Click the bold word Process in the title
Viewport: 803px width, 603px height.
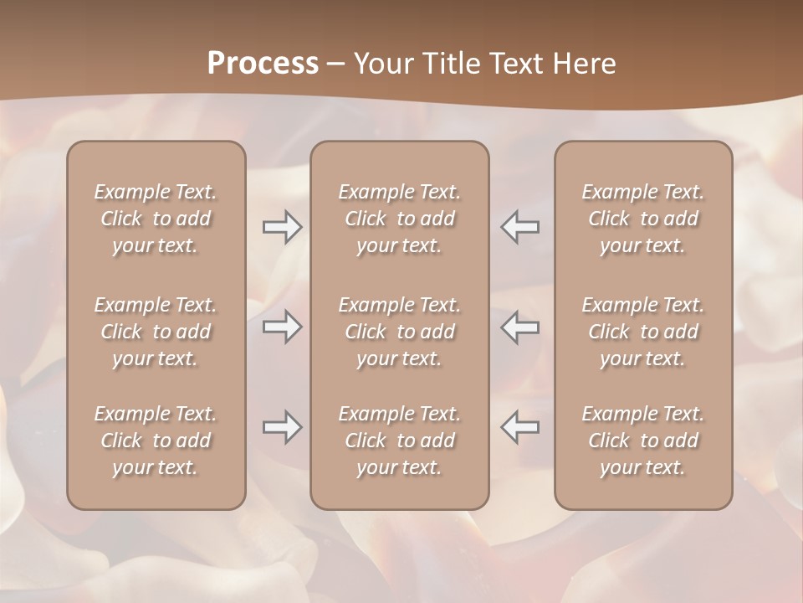click(x=263, y=64)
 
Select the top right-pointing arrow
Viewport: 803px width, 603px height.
click(x=283, y=227)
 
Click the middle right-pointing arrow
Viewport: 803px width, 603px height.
click(x=283, y=327)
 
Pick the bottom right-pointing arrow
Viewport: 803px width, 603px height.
click(x=283, y=427)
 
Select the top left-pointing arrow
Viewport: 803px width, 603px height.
click(x=519, y=227)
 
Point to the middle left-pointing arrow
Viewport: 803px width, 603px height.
click(x=519, y=327)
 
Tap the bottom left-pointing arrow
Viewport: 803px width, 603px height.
click(x=519, y=427)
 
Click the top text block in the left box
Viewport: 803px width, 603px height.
click(x=156, y=219)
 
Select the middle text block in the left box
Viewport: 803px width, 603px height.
click(x=156, y=332)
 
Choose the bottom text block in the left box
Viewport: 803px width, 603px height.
click(x=156, y=441)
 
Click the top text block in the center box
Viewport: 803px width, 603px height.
click(x=399, y=219)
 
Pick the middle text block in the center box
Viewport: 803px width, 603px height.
click(x=399, y=332)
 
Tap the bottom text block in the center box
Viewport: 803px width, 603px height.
click(x=399, y=441)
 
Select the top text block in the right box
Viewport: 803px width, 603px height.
click(x=642, y=219)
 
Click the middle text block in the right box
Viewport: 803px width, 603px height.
click(x=642, y=332)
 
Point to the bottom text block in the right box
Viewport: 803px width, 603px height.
click(x=642, y=441)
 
